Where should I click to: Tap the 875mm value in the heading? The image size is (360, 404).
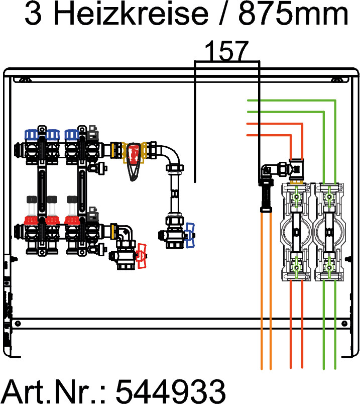tap(293, 15)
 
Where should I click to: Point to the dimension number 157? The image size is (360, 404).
tap(226, 52)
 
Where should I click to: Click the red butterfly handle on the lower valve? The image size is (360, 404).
tap(143, 255)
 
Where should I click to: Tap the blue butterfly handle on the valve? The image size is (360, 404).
tap(190, 235)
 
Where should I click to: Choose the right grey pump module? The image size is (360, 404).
tap(329, 231)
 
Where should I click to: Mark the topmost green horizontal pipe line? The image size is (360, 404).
tap(291, 100)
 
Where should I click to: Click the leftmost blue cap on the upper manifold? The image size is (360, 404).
tap(32, 134)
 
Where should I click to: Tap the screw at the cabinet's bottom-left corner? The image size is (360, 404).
tap(18, 322)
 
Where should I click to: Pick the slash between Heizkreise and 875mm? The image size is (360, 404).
tap(222, 15)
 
